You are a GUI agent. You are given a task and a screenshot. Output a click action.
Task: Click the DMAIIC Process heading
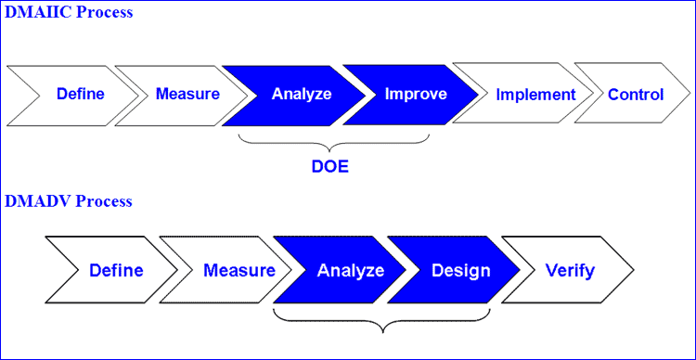coord(68,13)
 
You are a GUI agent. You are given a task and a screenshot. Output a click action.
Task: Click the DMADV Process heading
coord(68,201)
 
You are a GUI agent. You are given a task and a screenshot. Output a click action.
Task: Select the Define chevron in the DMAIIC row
coord(80,94)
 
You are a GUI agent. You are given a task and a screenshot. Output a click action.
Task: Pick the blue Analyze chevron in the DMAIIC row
coord(301,94)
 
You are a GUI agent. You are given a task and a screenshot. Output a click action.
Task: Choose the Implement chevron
coord(535,94)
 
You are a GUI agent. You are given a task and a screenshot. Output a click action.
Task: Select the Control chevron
coord(636,94)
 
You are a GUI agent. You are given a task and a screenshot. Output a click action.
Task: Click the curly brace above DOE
coord(333,143)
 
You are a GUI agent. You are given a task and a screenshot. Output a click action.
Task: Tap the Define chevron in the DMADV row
coord(116,271)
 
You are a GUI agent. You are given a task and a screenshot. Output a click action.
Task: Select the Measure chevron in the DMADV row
coord(238,271)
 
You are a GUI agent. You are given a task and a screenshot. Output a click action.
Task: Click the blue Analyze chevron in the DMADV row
coord(350,271)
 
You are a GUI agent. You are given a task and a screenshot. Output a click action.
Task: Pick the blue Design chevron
coord(461,271)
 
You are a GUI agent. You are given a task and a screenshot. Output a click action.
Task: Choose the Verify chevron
coord(570,271)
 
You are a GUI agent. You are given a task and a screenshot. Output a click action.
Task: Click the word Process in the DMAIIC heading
coord(104,13)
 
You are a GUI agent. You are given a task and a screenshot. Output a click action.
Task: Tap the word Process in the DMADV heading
coord(103,201)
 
